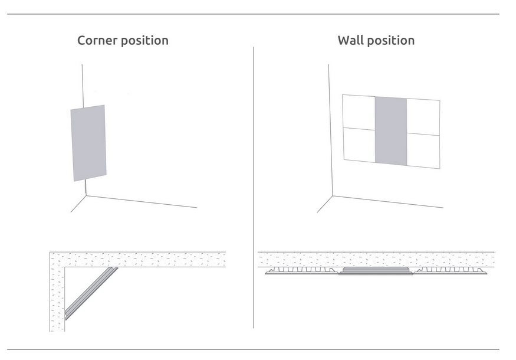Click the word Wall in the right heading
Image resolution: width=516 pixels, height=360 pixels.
pyautogui.click(x=349, y=41)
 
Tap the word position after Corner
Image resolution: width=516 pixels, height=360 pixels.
pyautogui.click(x=145, y=41)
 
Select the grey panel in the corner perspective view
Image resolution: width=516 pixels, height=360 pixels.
pyautogui.click(x=89, y=143)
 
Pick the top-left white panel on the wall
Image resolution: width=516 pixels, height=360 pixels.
pyautogui.click(x=359, y=112)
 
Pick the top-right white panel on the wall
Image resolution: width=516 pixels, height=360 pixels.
pyautogui.click(x=423, y=117)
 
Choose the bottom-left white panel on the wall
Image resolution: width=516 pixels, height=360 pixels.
pyautogui.click(x=359, y=145)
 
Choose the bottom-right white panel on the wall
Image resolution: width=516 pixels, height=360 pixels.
pyautogui.click(x=423, y=151)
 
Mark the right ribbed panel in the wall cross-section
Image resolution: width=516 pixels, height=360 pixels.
pyautogui.click(x=450, y=271)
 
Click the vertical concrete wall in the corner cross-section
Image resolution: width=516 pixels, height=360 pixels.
pyautogui.click(x=57, y=295)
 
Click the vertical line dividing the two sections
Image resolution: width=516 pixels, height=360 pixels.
pyautogui.click(x=254, y=189)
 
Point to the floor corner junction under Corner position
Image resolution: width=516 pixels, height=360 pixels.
pyautogui.click(x=86, y=196)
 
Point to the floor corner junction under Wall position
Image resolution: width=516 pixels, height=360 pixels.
pyautogui.click(x=333, y=196)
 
